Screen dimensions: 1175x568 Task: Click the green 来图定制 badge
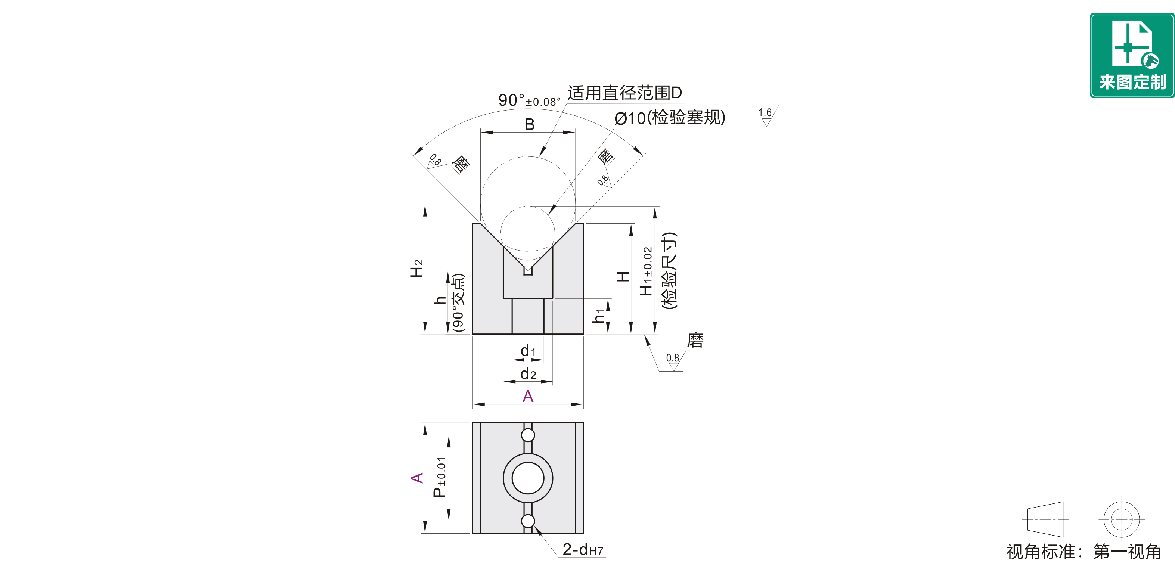tap(1132, 55)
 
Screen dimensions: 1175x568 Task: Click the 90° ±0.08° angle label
tap(529, 100)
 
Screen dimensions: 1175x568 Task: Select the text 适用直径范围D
tap(624, 93)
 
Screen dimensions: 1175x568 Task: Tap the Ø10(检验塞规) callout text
tap(670, 117)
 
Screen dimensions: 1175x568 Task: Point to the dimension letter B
tap(529, 124)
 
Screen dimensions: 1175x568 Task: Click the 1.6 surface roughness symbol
tap(768, 116)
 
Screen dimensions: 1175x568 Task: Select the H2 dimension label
tap(416, 268)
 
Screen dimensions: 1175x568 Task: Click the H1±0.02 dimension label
tap(646, 271)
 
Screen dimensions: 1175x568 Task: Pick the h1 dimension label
tap(599, 315)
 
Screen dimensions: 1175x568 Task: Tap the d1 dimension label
tap(528, 350)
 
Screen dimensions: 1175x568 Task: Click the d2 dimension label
tap(528, 374)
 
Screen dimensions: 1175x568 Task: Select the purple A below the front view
tap(528, 395)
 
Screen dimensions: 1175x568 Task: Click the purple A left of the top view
tap(417, 478)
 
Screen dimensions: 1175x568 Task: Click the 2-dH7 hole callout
tap(583, 549)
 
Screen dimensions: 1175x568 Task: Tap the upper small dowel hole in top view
tap(528, 435)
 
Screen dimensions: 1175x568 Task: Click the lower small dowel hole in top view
tap(528, 521)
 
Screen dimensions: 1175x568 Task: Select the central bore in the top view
tap(528, 478)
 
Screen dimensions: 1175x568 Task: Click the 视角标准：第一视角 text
tap(1084, 552)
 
